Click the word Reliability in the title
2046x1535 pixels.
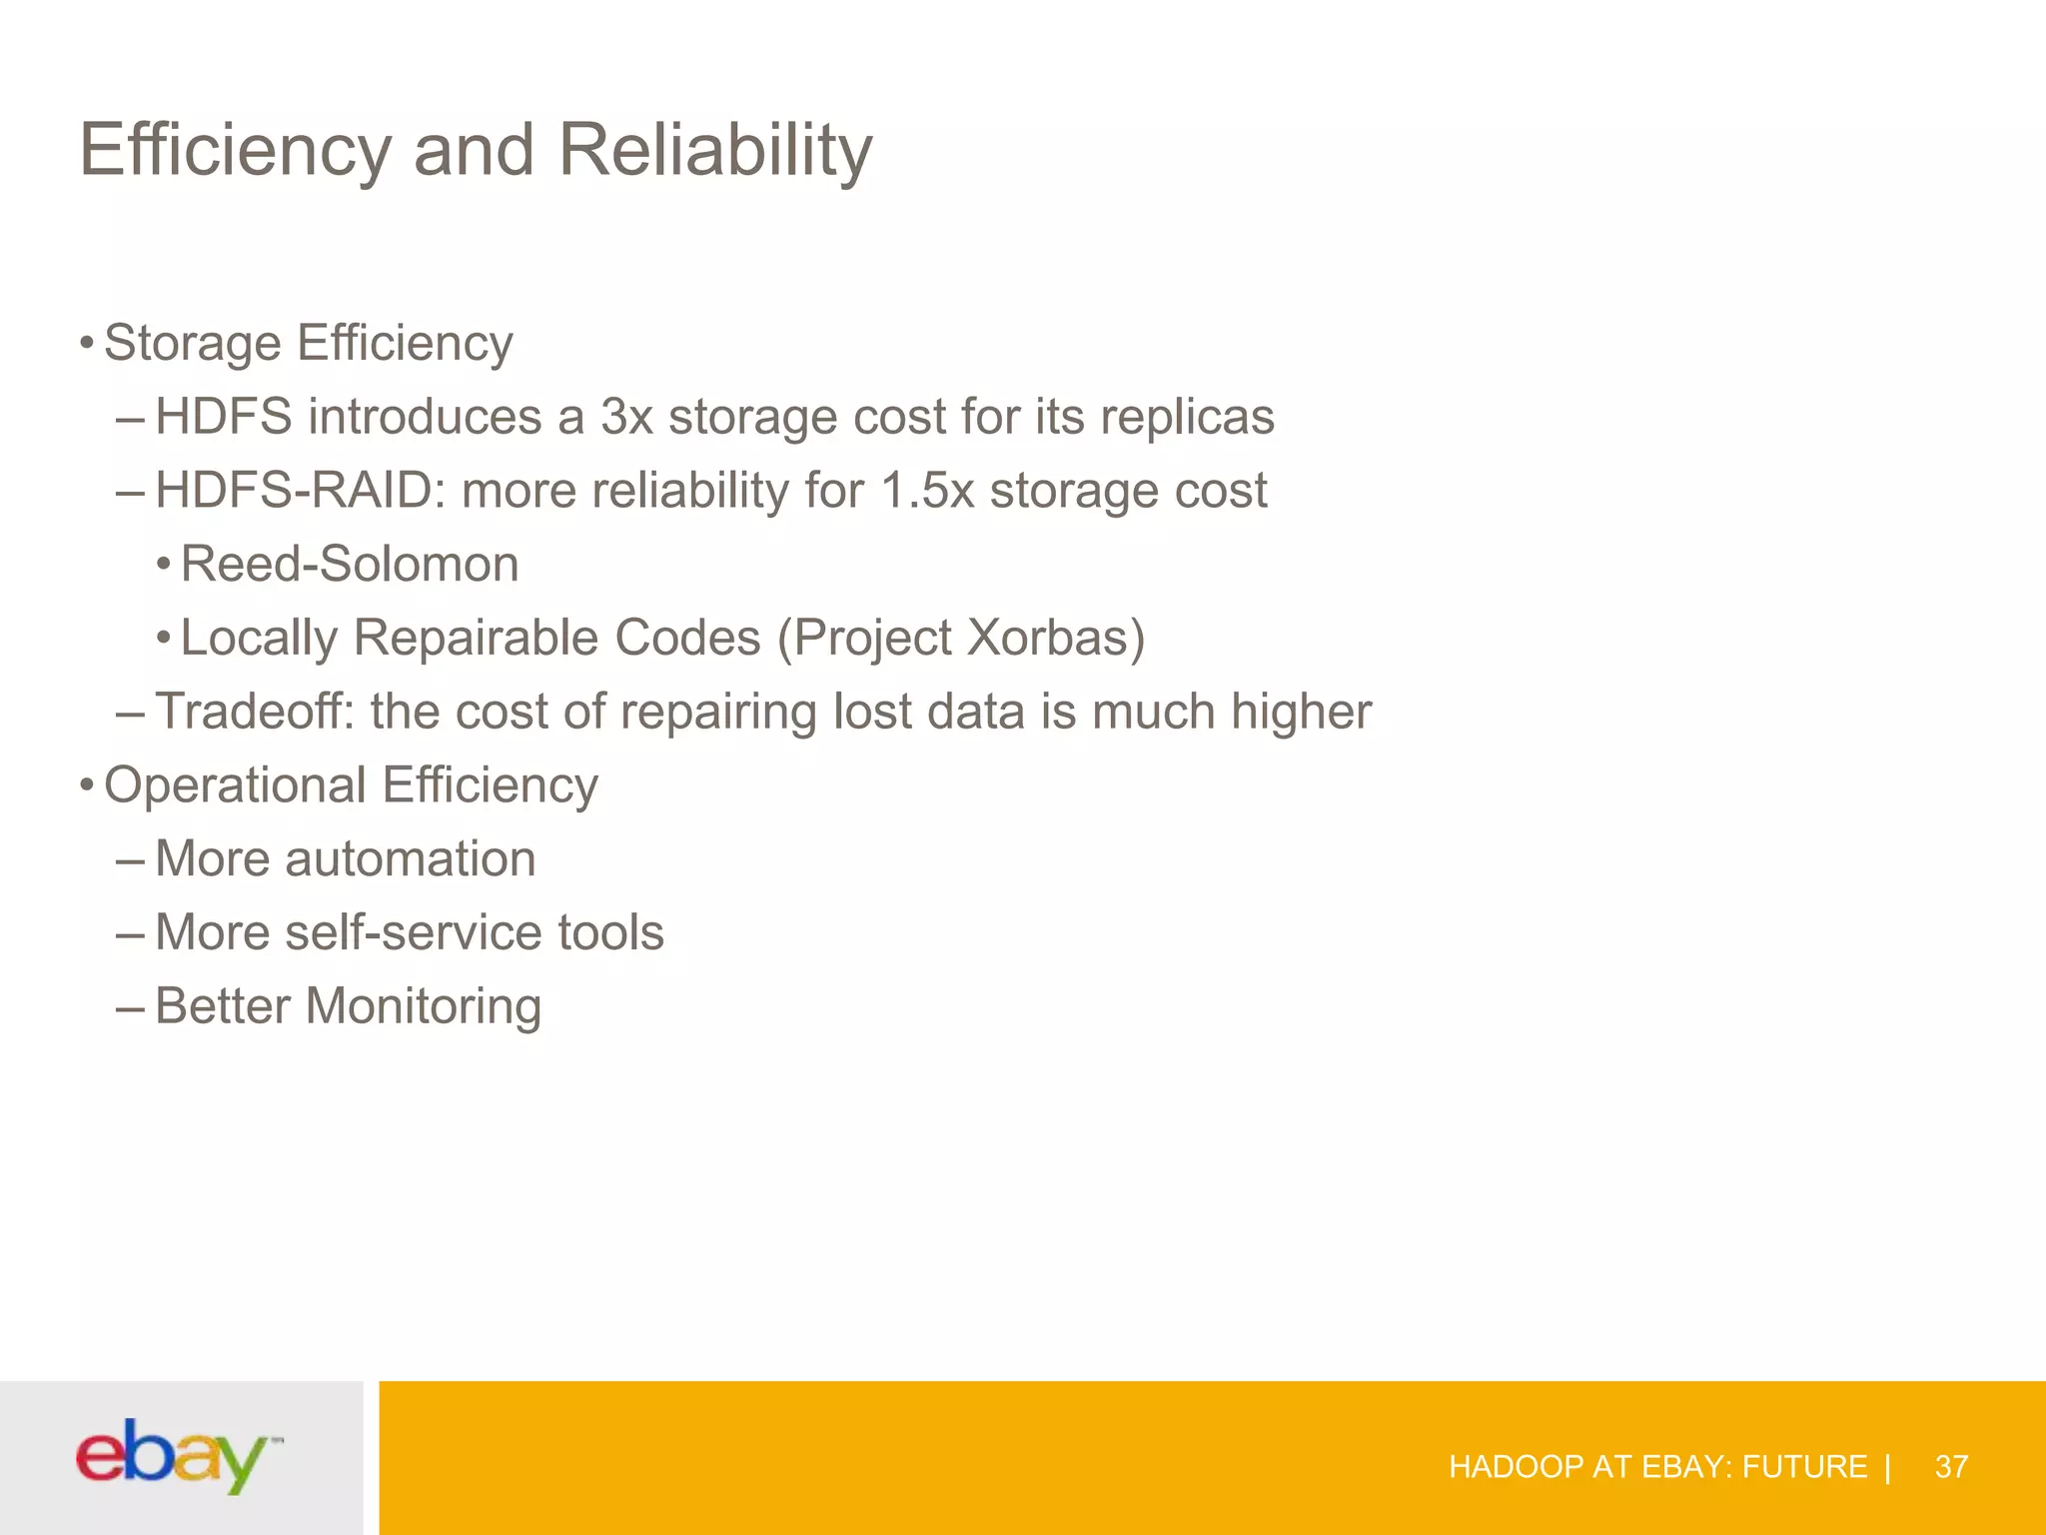tap(715, 150)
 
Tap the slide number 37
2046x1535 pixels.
tap(1951, 1466)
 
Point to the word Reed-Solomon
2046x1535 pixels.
tap(350, 564)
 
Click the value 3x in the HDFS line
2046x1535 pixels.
tap(626, 417)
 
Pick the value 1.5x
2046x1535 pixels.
tap(926, 491)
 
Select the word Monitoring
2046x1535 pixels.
tap(424, 1005)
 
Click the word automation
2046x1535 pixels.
tap(410, 858)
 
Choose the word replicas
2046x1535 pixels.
tap(1187, 417)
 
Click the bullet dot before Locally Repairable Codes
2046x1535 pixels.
tap(164, 638)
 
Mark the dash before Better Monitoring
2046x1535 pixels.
tap(130, 1007)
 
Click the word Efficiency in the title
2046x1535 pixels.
tap(236, 150)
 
